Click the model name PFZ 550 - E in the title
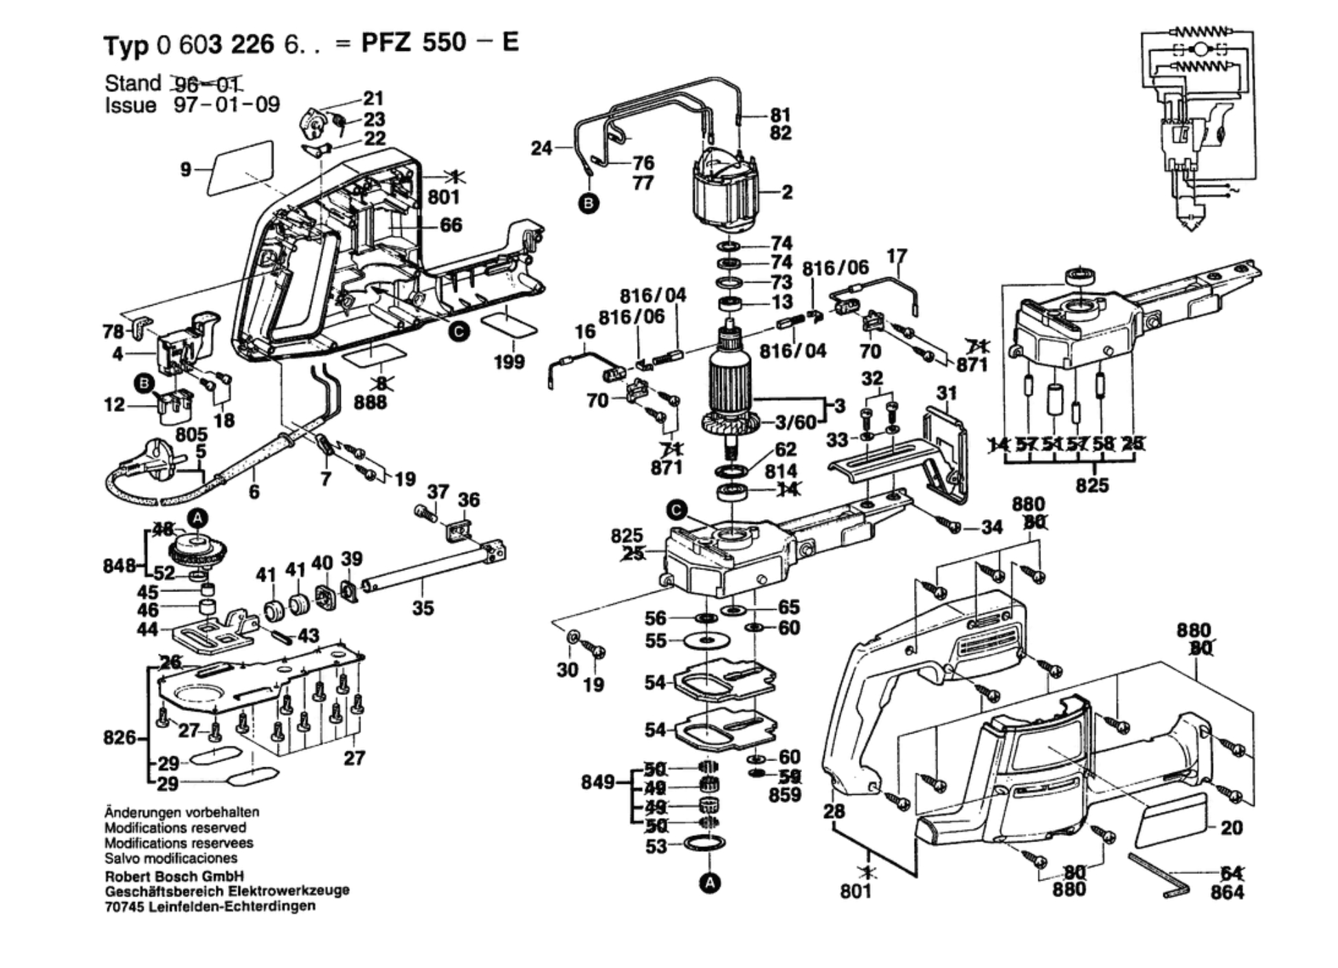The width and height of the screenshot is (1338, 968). pos(440,43)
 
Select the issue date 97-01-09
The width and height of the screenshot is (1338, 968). pos(227,105)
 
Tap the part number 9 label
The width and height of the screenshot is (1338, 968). pos(186,168)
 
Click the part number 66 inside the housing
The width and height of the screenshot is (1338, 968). pos(451,225)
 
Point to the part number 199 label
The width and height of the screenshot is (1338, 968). pos(509,362)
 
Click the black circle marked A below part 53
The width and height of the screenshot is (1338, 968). pos(710,883)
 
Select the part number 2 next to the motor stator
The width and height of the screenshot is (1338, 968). pos(787,192)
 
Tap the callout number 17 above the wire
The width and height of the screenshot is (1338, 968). pos(897,256)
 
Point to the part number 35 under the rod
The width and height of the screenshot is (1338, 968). pos(423,608)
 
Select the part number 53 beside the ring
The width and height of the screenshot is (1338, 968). pos(656,846)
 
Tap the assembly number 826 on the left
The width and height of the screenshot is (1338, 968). pos(119,738)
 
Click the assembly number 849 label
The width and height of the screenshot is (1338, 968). pos(597,782)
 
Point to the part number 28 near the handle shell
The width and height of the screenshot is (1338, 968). pos(834,811)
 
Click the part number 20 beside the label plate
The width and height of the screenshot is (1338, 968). pos(1231,828)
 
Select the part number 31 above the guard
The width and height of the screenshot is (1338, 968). pos(946,393)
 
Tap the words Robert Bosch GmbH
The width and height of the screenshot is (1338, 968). pos(174,877)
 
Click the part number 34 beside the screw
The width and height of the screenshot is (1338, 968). pos(992,527)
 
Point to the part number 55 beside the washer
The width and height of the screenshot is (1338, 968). pos(656,641)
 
